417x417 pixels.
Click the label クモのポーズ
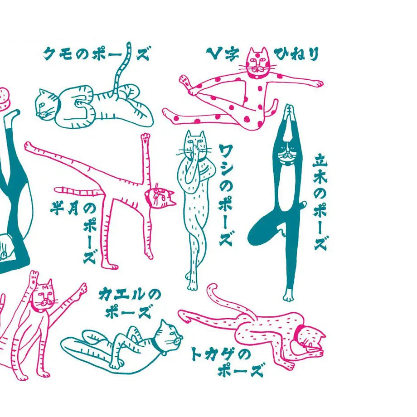click(96, 54)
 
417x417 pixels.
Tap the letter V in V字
click(214, 53)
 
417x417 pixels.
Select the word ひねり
click(296, 54)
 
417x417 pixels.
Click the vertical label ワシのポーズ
click(226, 194)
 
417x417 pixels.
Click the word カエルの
click(130, 295)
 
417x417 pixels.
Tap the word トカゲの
click(221, 354)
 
